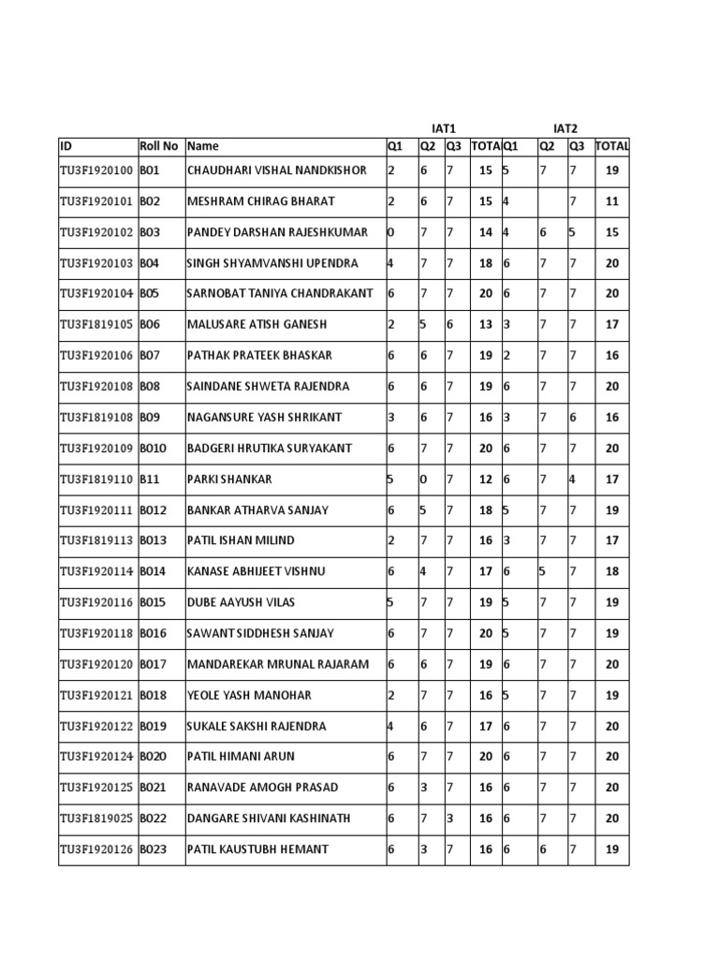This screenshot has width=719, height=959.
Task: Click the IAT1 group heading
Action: tap(443, 127)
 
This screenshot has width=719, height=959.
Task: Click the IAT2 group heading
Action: tap(566, 127)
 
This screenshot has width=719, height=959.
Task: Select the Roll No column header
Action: tap(158, 146)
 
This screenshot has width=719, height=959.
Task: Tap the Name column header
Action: tap(203, 146)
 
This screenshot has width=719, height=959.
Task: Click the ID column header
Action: tap(66, 146)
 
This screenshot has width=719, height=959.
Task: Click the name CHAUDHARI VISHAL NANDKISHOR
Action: tap(277, 170)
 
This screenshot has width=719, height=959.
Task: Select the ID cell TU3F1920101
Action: tap(97, 201)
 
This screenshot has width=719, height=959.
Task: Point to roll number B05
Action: tap(150, 294)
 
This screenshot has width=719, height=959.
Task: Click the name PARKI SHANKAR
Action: tap(230, 479)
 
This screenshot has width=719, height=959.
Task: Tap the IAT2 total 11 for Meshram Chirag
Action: tap(612, 201)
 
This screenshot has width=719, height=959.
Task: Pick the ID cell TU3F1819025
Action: tap(97, 819)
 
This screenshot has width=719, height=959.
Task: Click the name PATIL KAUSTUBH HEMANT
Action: tap(258, 849)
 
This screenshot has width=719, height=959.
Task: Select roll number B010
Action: tap(154, 449)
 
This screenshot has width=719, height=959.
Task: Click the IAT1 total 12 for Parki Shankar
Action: tap(485, 479)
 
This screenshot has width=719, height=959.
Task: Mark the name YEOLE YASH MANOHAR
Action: tap(249, 696)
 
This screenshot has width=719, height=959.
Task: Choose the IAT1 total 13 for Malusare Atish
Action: tap(485, 325)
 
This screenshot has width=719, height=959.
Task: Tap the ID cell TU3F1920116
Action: tap(97, 603)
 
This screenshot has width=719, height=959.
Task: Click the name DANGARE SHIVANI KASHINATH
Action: tap(269, 819)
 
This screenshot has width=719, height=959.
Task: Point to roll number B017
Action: tap(154, 665)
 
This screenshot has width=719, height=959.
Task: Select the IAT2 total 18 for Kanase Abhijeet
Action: tap(612, 572)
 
